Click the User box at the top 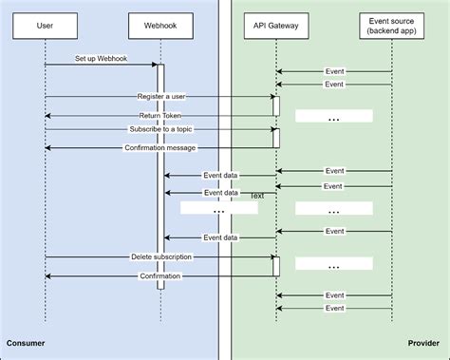pos(45,27)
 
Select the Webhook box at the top pos(160,27)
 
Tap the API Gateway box pos(276,27)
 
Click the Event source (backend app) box pos(392,27)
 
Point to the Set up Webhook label pos(102,59)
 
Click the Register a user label pos(159,96)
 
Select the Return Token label pos(159,115)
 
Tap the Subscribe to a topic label pos(159,129)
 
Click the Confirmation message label pos(159,147)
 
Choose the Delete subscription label pos(159,256)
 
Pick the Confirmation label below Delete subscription pos(159,275)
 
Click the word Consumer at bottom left pos(26,343)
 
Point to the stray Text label pos(256,196)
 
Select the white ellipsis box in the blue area pos(218,208)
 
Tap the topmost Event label pos(334,70)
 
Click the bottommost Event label pos(334,308)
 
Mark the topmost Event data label pos(220,175)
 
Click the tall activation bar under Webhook pos(160,180)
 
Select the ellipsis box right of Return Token pos(333,116)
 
